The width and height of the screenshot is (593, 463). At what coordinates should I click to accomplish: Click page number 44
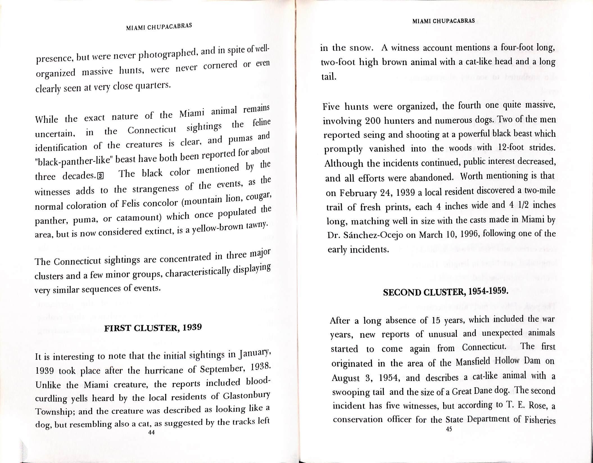[151, 433]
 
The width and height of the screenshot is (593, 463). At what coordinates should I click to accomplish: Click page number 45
[449, 429]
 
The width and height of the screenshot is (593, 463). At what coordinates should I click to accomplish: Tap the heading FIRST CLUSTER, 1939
[153, 328]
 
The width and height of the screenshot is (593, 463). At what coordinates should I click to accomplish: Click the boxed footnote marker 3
[100, 176]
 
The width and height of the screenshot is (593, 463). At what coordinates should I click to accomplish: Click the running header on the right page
[444, 21]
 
